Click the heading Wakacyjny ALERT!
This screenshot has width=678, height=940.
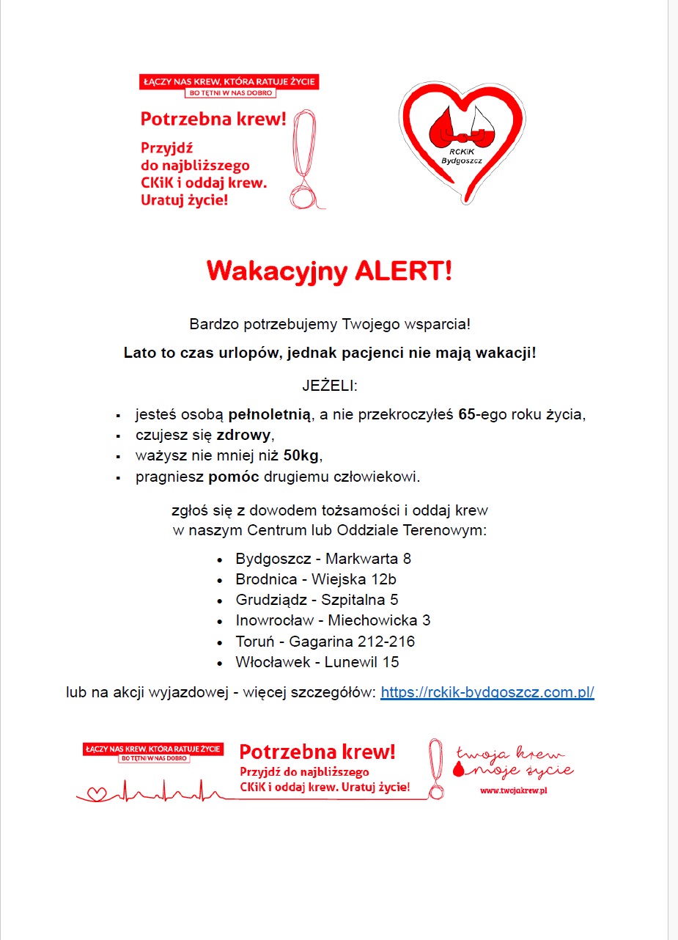pyautogui.click(x=329, y=271)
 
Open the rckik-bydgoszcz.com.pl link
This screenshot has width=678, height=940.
pyautogui.click(x=487, y=692)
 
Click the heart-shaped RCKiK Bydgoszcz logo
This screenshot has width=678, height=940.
pyautogui.click(x=462, y=139)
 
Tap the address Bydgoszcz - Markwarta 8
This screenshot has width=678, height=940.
pyautogui.click(x=323, y=559)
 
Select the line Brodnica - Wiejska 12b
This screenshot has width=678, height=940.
pyautogui.click(x=315, y=579)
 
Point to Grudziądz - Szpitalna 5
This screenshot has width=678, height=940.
pyautogui.click(x=317, y=600)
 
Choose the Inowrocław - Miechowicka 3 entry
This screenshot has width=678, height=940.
pyautogui.click(x=332, y=620)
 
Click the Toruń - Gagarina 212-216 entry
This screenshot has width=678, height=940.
pyautogui.click(x=325, y=642)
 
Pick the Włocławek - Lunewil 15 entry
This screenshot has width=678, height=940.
pyautogui.click(x=317, y=662)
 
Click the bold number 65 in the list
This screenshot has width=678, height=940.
pyautogui.click(x=468, y=414)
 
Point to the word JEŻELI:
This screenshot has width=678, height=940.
pyautogui.click(x=329, y=385)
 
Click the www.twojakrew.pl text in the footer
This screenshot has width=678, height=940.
pyautogui.click(x=514, y=790)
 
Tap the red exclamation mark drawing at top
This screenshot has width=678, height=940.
pyautogui.click(x=302, y=158)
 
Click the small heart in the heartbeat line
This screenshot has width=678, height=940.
pyautogui.click(x=97, y=793)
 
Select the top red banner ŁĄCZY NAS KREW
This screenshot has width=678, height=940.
pyautogui.click(x=228, y=81)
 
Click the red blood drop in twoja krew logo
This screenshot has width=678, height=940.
pyautogui.click(x=460, y=769)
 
